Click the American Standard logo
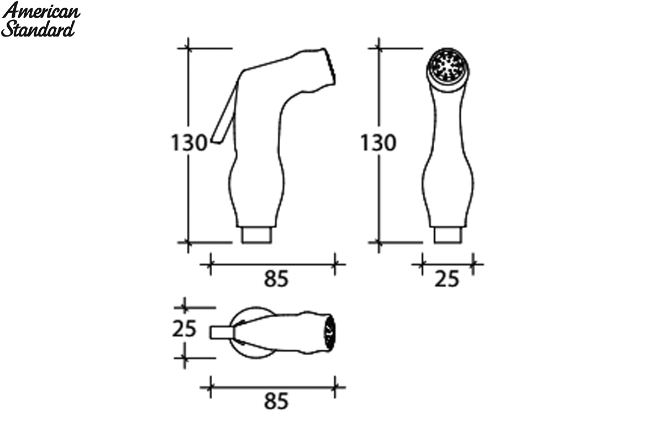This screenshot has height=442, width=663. click(40, 19)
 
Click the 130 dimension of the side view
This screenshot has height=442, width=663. click(189, 143)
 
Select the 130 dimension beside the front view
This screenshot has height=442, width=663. click(378, 143)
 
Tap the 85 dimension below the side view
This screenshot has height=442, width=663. click(276, 279)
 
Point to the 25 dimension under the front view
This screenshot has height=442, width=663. click(446, 279)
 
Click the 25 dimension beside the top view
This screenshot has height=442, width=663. click(184, 329)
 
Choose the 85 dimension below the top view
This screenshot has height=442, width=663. click(276, 402)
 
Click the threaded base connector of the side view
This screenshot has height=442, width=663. click(256, 235)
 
